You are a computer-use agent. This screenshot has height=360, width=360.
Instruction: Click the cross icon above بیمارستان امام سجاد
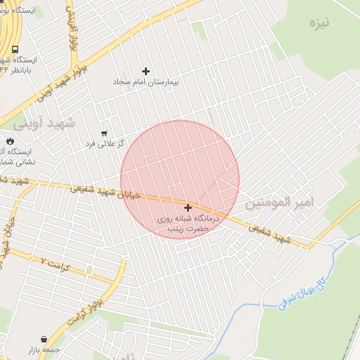coord(146,71)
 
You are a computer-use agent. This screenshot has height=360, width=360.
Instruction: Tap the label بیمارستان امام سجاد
coord(146,82)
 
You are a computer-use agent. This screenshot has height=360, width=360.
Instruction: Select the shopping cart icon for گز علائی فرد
coord(104,133)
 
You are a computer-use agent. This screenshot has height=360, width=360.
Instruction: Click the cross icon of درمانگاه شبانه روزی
coord(188,207)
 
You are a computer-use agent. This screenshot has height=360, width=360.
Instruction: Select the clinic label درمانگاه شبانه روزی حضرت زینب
coord(188,224)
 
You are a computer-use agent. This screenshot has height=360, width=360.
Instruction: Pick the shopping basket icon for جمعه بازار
coord(44,339)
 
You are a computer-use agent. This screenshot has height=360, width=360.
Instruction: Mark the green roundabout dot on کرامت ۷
coord(89,269)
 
